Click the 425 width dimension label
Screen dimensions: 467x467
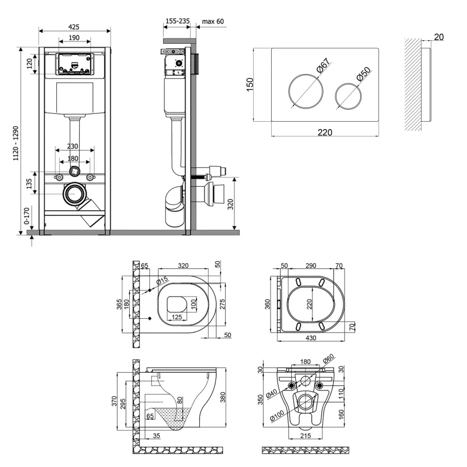[x=74, y=27]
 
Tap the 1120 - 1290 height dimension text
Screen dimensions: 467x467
[x=16, y=143]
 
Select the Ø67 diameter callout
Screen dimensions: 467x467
[x=323, y=65]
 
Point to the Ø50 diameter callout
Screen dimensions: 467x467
[x=364, y=74]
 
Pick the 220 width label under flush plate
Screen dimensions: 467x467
[x=325, y=132]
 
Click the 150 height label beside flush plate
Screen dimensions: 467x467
[x=250, y=84]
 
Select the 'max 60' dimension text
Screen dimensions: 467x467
[x=213, y=21]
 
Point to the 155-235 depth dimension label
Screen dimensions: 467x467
[x=177, y=21]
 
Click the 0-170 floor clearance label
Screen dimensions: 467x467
[x=27, y=215]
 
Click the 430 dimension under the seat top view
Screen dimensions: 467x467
[x=311, y=338]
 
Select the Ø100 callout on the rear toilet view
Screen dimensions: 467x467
[x=277, y=416]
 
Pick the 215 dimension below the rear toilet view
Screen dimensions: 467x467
[x=305, y=436]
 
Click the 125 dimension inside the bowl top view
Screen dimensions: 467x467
[x=177, y=317]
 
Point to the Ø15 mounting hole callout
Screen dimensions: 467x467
[x=163, y=281]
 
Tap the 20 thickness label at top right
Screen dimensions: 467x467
[x=439, y=37]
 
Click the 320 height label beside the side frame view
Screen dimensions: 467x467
[x=230, y=204]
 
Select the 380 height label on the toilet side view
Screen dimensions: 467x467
[x=222, y=397]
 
